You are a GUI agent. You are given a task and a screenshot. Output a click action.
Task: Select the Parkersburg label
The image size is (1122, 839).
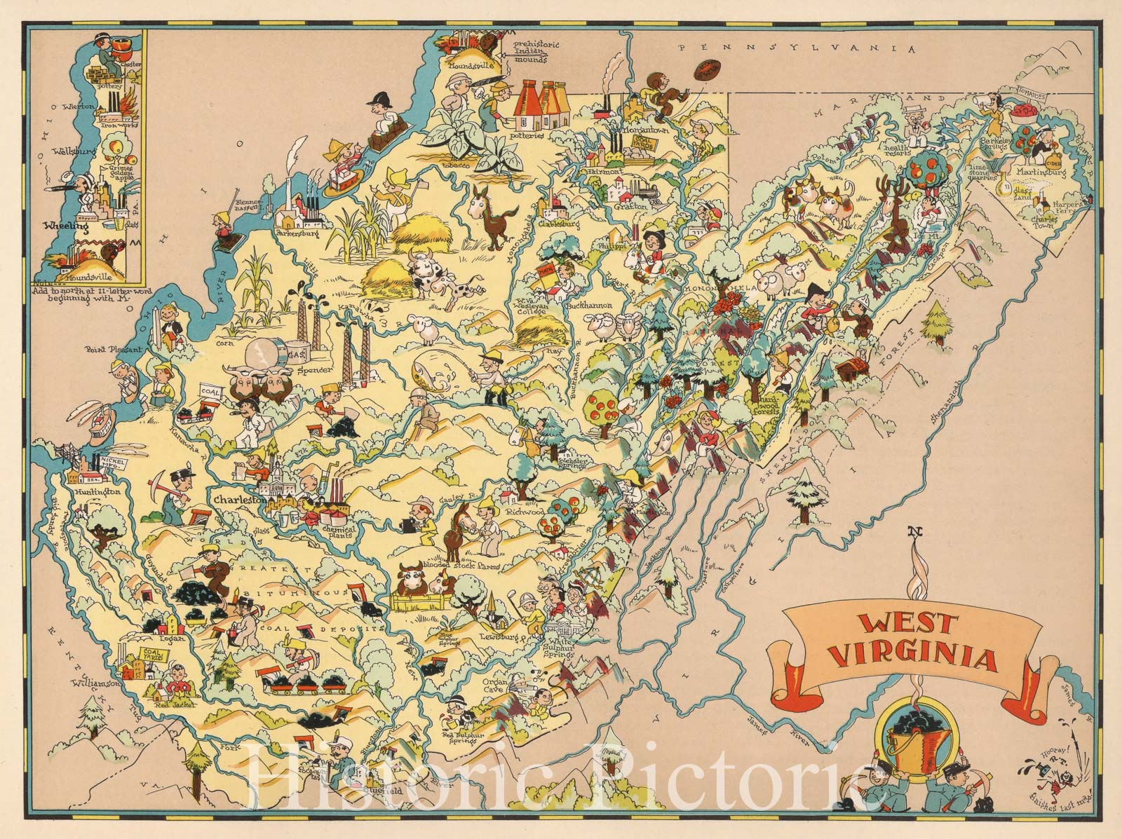pyautogui.click(x=298, y=233)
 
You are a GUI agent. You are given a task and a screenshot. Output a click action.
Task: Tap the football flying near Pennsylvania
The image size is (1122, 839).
pyautogui.click(x=706, y=70)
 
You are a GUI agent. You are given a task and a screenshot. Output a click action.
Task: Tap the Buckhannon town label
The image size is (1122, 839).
pyautogui.click(x=590, y=306)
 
